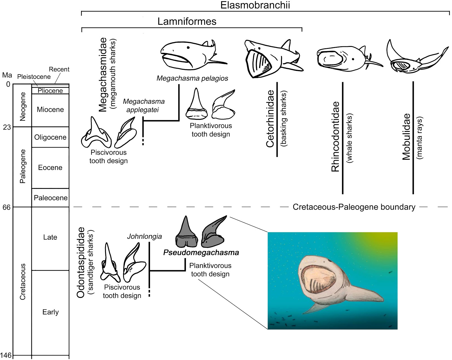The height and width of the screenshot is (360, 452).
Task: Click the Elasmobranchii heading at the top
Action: (255, 5)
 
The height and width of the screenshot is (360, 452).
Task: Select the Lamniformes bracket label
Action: (187, 21)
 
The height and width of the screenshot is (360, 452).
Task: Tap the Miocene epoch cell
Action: (50, 110)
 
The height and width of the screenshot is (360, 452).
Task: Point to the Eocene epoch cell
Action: (50, 167)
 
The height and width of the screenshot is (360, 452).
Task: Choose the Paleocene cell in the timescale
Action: (51, 198)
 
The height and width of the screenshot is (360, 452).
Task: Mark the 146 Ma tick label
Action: (6, 355)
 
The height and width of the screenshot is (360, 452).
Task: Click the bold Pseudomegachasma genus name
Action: (201, 252)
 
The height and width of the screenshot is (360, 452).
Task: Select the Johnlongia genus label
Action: (144, 236)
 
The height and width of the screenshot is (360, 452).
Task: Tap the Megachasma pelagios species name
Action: (192, 78)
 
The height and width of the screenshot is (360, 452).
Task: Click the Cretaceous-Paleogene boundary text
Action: (354, 207)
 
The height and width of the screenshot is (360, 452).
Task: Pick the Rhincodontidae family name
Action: (335, 137)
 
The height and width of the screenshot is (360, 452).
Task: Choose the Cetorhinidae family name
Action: (270, 119)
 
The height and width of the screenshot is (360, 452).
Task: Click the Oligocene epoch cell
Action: (50, 137)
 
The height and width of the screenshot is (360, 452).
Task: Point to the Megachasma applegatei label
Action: (144, 105)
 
